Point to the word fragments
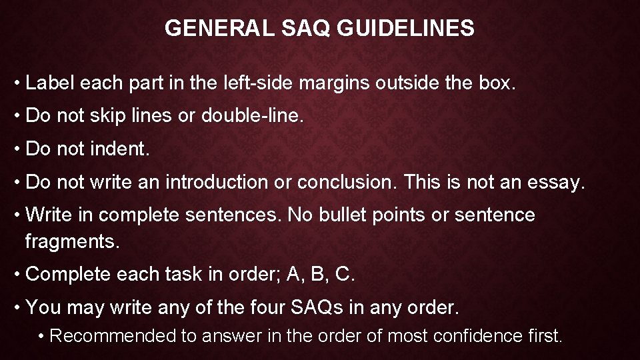[x=72, y=241]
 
